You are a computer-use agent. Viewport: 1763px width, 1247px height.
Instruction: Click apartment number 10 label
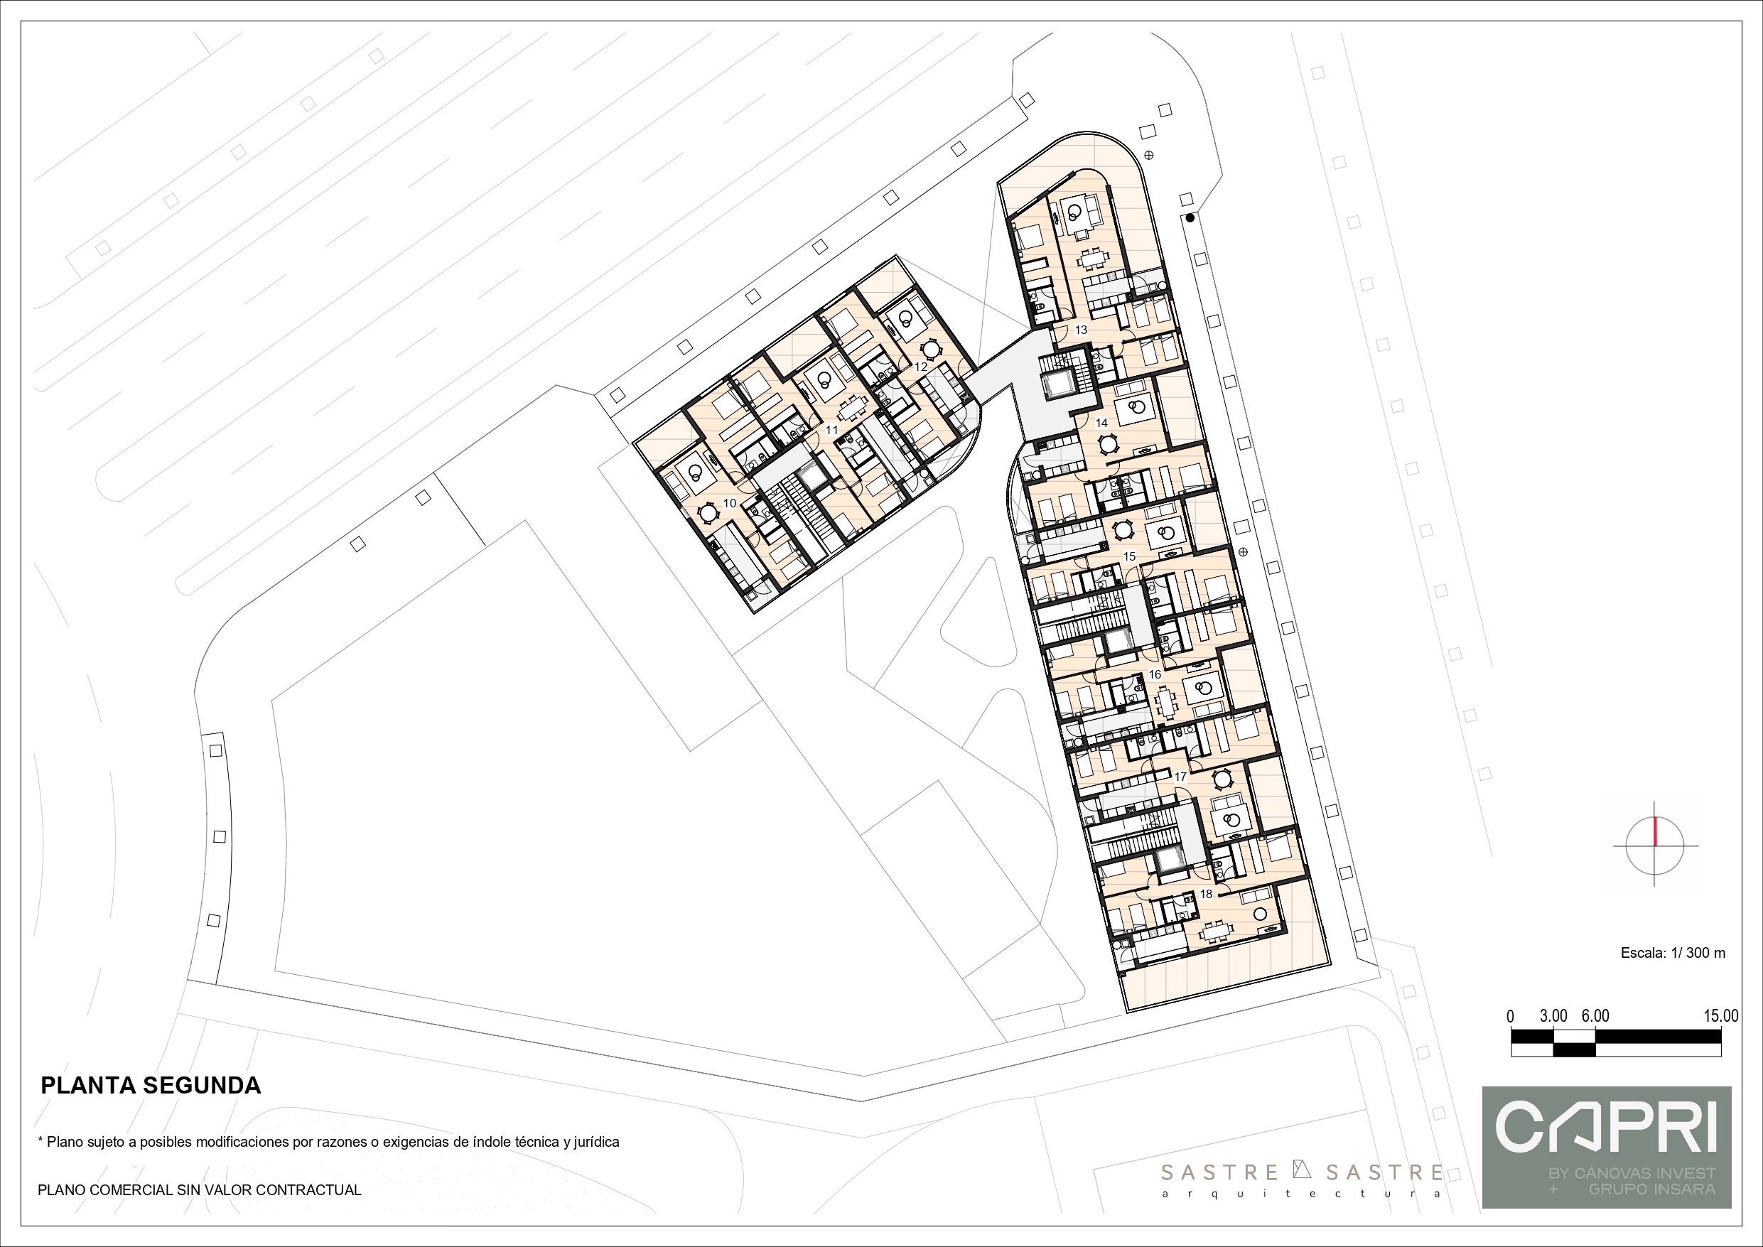pos(730,504)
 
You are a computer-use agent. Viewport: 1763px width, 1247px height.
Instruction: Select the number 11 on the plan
pos(831,430)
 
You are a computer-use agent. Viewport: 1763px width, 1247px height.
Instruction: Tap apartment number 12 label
pos(921,367)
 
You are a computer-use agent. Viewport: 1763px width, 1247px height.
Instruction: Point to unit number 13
pos(1080,330)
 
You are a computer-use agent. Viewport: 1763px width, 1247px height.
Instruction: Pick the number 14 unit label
pos(1101,423)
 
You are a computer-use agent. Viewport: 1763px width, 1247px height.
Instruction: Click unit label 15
pos(1128,556)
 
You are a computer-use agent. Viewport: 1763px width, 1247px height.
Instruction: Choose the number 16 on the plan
pos(1154,675)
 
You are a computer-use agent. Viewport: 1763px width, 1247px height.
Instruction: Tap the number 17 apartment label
pos(1180,777)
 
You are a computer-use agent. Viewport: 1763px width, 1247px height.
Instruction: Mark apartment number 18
pos(1206,894)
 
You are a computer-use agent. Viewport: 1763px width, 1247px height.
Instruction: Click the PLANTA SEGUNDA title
pos(151,1085)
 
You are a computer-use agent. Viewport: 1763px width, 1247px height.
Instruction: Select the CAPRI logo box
pos(1607,1148)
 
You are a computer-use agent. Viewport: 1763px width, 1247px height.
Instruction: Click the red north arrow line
pos(1656,832)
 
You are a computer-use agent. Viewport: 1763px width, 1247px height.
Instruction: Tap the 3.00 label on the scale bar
pos(1553,1016)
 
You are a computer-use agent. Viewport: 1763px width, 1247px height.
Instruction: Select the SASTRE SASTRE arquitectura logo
pos(1302,1179)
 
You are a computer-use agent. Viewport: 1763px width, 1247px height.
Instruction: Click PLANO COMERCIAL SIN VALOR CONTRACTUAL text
pos(200,1190)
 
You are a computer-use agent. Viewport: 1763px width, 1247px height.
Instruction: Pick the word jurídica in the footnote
pos(593,1142)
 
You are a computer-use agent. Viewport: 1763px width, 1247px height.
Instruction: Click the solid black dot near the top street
pos(1190,218)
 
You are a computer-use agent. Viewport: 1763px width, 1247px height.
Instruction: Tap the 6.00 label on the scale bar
pos(1595,1016)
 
